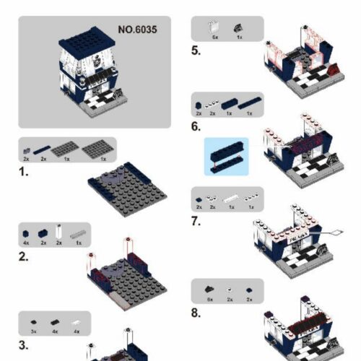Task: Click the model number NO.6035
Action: [137, 30]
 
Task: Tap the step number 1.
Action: [24, 173]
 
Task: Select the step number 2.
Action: [24, 256]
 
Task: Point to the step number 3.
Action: [24, 344]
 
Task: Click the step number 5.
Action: [196, 51]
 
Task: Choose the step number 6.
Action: [196, 126]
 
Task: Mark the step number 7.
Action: [196, 221]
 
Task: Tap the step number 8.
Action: [196, 313]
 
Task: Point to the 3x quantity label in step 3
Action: [33, 330]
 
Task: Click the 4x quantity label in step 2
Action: [26, 243]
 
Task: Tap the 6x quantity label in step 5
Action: [214, 35]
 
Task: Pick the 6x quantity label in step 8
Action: [210, 298]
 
